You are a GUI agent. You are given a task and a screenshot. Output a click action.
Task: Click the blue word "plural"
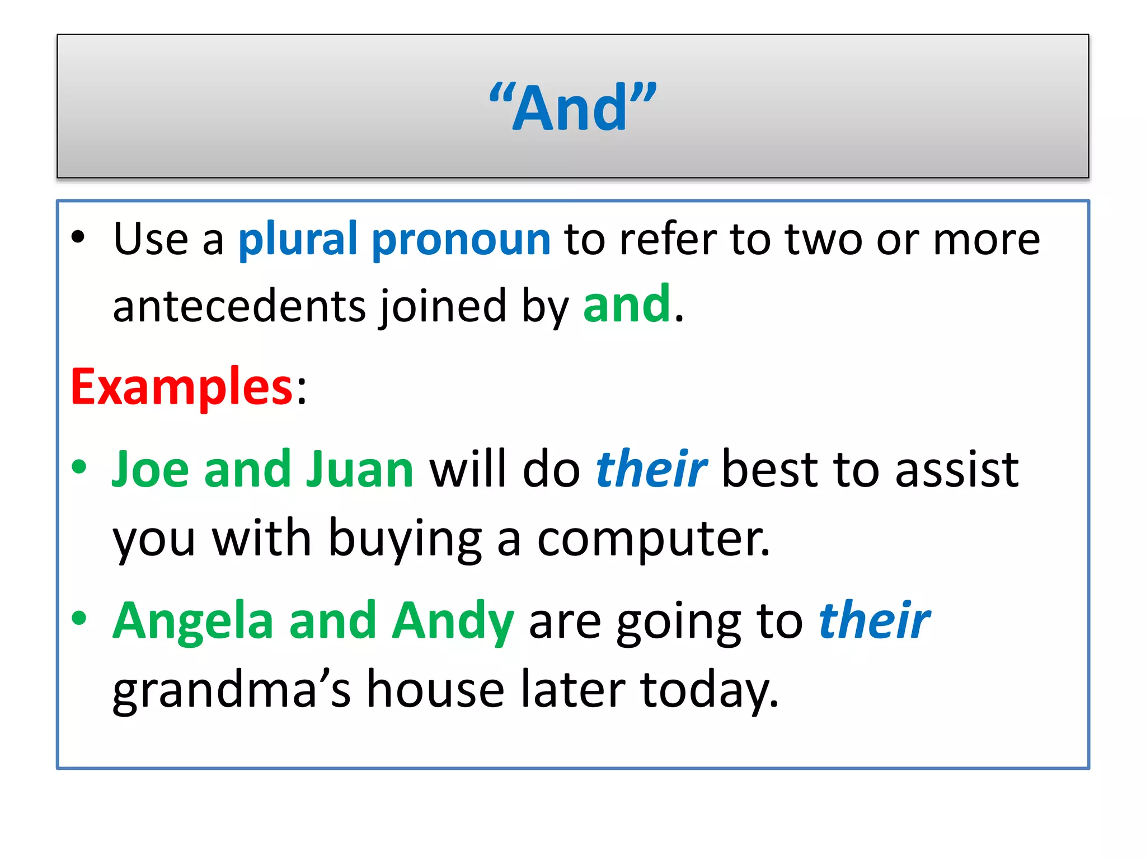[298, 240]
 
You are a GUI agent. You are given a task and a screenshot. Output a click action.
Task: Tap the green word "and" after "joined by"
[626, 305]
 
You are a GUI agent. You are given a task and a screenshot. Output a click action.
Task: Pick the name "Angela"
[193, 621]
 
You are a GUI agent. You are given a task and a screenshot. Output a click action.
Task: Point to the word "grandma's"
[232, 690]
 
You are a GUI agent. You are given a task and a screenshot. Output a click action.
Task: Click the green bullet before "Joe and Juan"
[79, 467]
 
